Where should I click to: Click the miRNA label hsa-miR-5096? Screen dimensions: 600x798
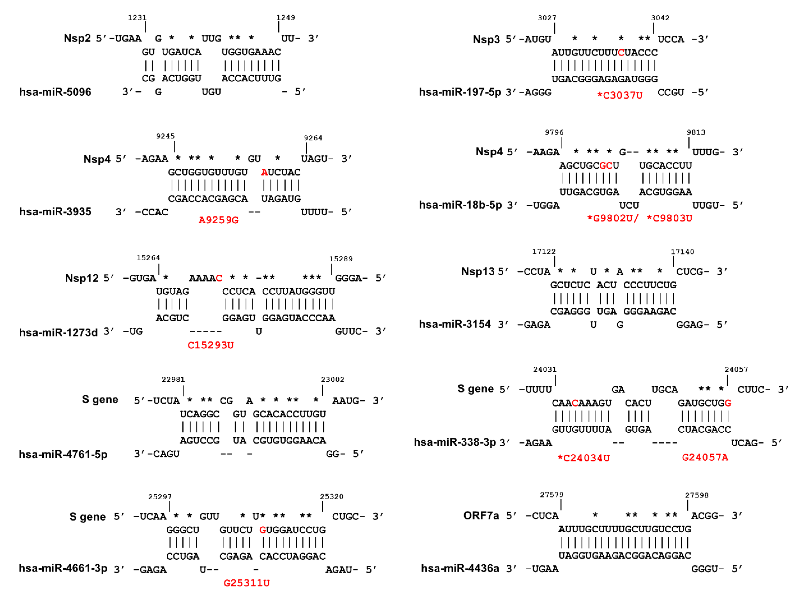[55, 92]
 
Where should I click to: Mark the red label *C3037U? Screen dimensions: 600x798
[619, 96]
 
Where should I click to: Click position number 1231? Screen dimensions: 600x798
[137, 18]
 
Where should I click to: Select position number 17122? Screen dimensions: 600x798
[544, 252]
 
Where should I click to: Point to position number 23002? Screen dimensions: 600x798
[332, 379]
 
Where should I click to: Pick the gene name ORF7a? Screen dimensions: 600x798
[481, 516]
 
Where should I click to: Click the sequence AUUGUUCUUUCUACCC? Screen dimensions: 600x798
[604, 53]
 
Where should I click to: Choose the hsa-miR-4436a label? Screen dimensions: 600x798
[460, 569]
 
